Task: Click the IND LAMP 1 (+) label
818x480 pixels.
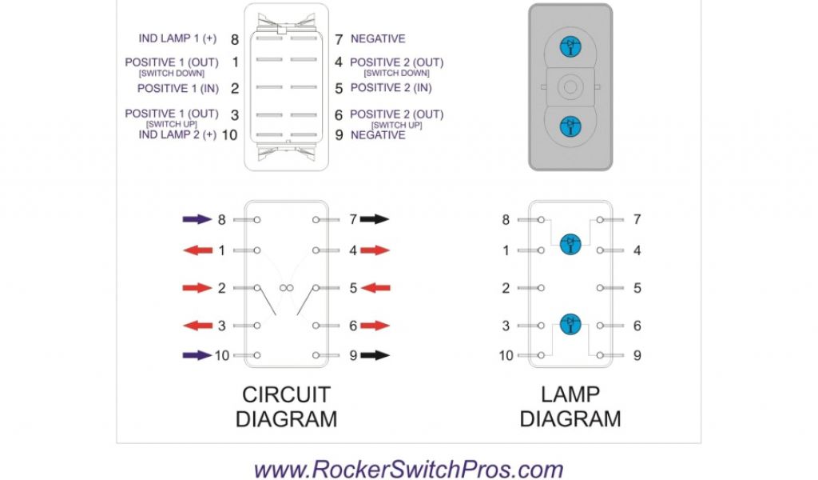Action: click(x=177, y=38)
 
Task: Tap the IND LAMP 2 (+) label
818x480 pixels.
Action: click(x=177, y=134)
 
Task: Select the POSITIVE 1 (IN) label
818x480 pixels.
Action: click(x=177, y=88)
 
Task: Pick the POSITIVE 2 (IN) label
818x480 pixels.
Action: click(x=391, y=88)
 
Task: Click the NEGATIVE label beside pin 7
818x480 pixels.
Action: click(x=378, y=38)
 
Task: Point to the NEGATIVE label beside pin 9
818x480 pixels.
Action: click(x=378, y=134)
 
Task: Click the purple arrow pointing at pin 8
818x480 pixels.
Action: click(x=197, y=218)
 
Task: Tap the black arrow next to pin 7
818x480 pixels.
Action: click(x=374, y=218)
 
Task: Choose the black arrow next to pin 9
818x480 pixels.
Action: click(x=374, y=354)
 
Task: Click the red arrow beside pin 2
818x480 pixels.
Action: click(x=197, y=288)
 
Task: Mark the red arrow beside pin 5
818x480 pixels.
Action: click(x=375, y=288)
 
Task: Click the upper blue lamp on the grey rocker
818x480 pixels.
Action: click(x=570, y=46)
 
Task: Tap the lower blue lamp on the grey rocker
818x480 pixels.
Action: click(x=570, y=125)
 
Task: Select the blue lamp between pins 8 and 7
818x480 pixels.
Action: click(x=570, y=243)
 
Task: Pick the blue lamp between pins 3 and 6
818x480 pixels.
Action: click(x=570, y=324)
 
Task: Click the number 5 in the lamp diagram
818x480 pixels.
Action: click(x=637, y=288)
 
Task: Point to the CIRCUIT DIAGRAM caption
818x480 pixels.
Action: click(x=286, y=406)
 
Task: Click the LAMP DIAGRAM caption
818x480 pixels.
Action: click(x=570, y=406)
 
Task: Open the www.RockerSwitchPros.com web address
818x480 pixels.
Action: click(x=408, y=469)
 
